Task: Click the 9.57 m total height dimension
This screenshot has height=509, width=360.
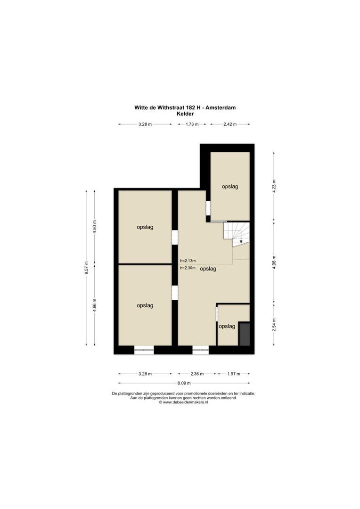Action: pos(86,268)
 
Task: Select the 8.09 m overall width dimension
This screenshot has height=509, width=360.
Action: pos(184,383)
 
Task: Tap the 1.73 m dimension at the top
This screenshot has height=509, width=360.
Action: pos(192,124)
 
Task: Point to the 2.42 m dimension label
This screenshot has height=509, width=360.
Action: pos(230,124)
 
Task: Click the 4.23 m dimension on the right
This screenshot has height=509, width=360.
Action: pos(274,186)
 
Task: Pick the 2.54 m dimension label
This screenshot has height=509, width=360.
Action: pos(274,325)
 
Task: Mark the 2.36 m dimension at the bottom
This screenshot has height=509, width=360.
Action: pos(196,374)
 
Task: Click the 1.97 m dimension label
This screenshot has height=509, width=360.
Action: pos(233,374)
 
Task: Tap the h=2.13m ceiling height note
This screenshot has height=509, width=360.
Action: pos(188,261)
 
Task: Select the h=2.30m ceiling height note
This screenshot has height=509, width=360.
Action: pos(188,268)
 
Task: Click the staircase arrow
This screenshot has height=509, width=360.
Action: pos(241,241)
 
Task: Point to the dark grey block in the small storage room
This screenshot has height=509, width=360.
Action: pos(245,334)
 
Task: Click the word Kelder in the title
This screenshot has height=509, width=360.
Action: pos(185,114)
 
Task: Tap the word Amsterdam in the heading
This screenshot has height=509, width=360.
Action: pos(220,107)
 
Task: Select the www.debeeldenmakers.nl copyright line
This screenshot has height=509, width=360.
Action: pos(183,402)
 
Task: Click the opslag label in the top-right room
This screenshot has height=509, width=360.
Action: pos(230,187)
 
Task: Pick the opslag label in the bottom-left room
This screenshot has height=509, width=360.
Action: pos(145,305)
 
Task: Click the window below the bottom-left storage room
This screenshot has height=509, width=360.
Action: pos(144,350)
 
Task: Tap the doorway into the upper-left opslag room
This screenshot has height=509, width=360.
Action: pos(175,237)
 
